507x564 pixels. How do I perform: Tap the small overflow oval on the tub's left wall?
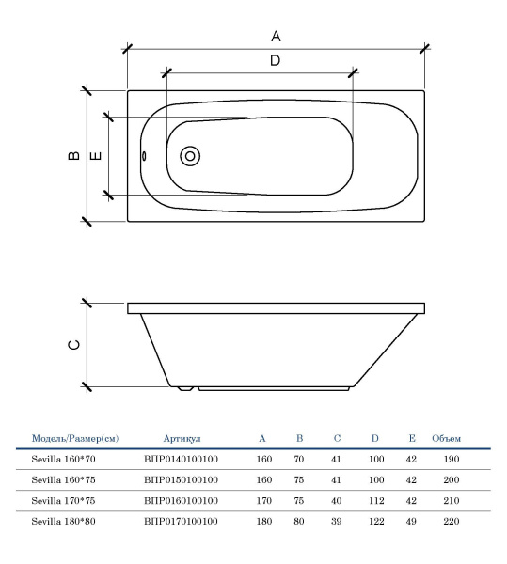click(x=144, y=156)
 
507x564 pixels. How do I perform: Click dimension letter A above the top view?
click(x=276, y=36)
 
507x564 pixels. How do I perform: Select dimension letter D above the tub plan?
click(x=276, y=60)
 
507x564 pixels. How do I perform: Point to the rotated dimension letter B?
click(x=74, y=155)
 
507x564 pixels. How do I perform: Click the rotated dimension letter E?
click(x=95, y=156)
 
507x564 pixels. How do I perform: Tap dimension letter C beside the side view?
click(x=73, y=345)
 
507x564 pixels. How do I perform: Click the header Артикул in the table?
click(x=182, y=438)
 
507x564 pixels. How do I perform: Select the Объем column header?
click(x=446, y=438)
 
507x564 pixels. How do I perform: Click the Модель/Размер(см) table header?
click(x=75, y=438)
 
